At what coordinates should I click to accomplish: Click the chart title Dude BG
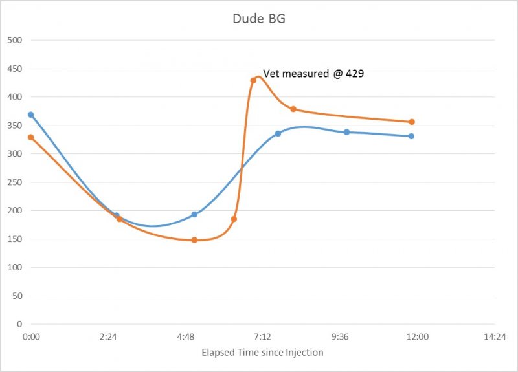[x=259, y=19]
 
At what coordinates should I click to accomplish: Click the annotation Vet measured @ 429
[x=313, y=74]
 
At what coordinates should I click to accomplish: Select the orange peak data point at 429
[x=253, y=80]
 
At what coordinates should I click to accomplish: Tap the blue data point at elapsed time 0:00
[x=30, y=115]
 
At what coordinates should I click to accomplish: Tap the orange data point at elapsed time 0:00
[x=30, y=137]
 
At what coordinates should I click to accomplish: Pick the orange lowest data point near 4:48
[x=194, y=240]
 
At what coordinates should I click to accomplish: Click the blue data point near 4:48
[x=194, y=214]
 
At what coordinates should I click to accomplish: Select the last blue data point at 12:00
[x=411, y=136]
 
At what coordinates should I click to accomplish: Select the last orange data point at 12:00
[x=412, y=122]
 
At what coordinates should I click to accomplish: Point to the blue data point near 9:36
[x=346, y=132]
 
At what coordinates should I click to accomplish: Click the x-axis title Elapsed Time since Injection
[x=262, y=353]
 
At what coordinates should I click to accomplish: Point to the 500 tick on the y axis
[x=15, y=40]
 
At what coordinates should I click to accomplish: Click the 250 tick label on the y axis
[x=15, y=182]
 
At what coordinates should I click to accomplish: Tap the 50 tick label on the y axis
[x=17, y=296]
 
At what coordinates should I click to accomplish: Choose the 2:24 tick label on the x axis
[x=108, y=337]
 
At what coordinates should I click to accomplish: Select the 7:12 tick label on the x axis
[x=262, y=337]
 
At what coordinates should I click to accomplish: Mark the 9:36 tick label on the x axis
[x=340, y=337]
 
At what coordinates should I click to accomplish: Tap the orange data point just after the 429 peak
[x=293, y=109]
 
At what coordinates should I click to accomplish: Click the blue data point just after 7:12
[x=278, y=133]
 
